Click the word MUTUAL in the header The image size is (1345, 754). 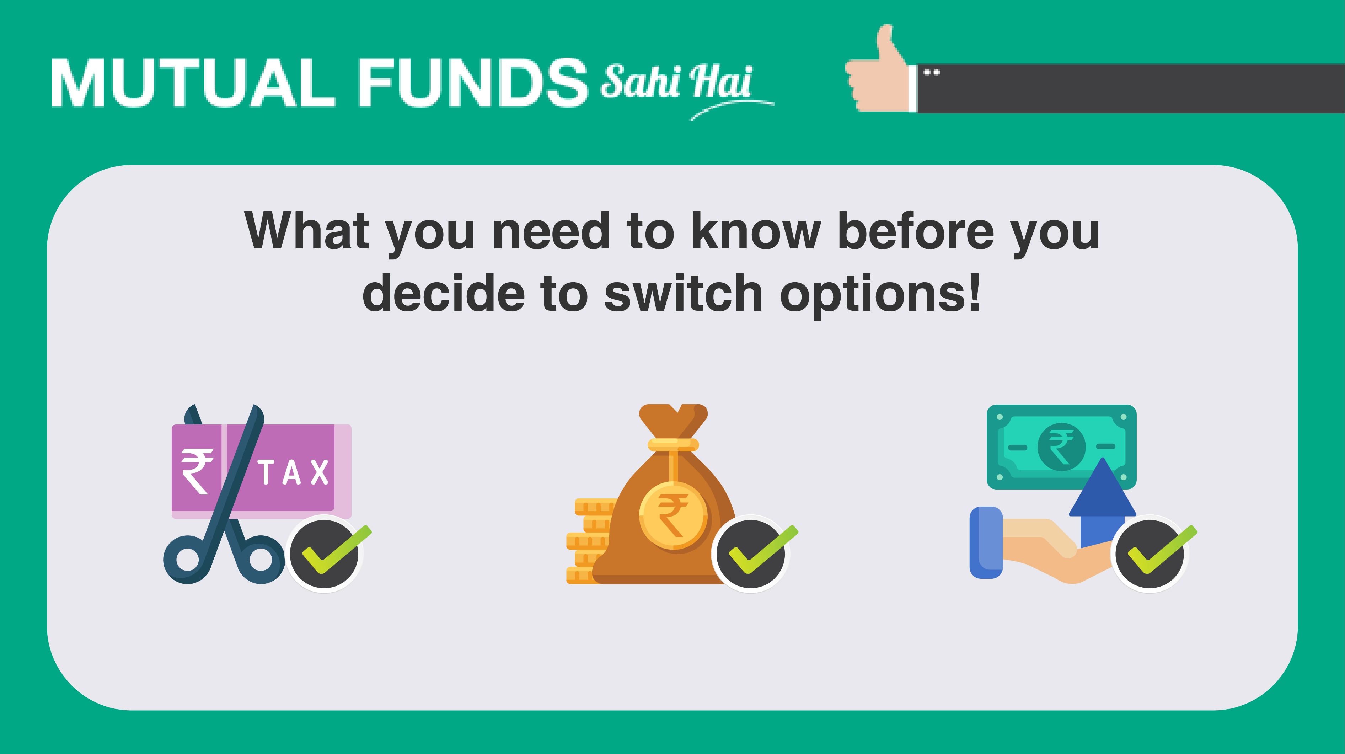tap(192, 82)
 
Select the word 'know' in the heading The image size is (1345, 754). tap(756, 231)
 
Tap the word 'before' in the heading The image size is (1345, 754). tap(915, 231)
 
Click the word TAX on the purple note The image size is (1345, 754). tap(294, 472)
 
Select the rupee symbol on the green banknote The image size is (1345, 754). tap(1061, 447)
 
